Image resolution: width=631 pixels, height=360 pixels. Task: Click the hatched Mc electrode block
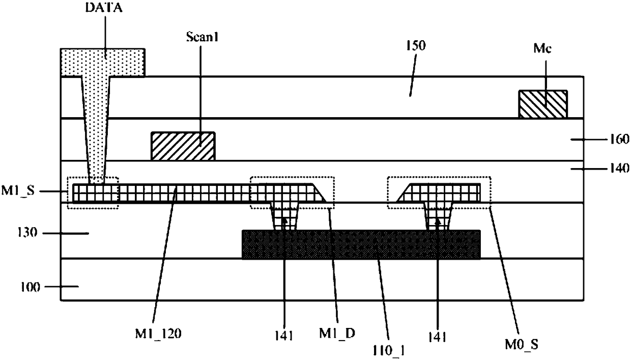point(542,104)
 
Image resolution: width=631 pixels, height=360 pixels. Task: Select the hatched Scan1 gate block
point(183,146)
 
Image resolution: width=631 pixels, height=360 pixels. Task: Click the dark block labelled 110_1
point(361,244)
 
